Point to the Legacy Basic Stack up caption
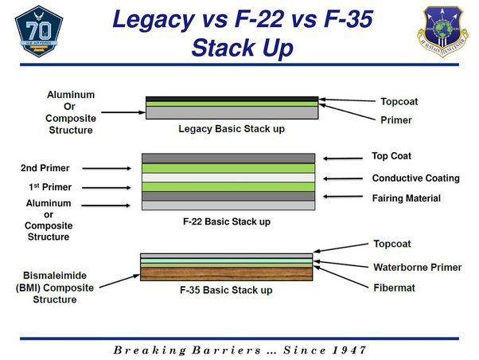[232, 127]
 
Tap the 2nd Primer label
[45, 168]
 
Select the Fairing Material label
[406, 198]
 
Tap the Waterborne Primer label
[417, 268]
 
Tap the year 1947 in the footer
[347, 350]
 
